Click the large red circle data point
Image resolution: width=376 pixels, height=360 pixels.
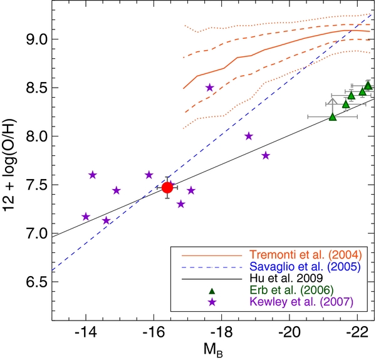click(167, 187)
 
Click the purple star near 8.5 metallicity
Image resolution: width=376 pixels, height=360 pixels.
click(209, 88)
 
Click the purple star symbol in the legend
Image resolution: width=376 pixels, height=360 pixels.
click(212, 302)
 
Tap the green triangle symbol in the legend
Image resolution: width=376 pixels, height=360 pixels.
click(212, 291)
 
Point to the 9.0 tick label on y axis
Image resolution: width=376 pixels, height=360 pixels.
click(36, 39)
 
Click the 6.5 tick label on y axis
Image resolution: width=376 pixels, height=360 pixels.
click(36, 282)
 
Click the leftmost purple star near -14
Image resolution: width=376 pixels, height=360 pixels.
click(86, 217)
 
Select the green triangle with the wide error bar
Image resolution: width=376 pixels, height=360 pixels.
click(333, 116)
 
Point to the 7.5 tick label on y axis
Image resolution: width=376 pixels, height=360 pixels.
click(36, 185)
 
